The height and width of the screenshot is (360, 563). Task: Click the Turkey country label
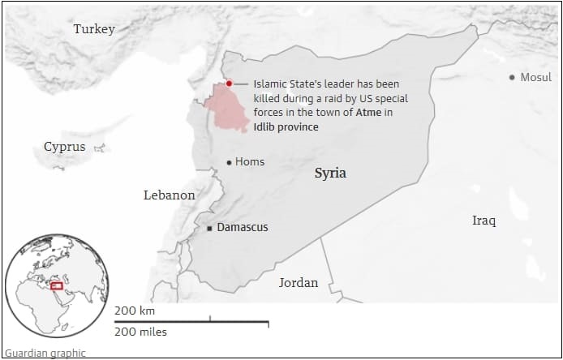(x=94, y=29)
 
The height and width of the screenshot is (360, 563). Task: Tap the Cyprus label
(x=64, y=147)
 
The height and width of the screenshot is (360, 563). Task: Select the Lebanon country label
(x=169, y=195)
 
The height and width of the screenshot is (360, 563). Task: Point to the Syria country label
(x=330, y=174)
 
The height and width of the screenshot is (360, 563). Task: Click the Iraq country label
(x=484, y=221)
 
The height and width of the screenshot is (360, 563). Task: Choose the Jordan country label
(x=299, y=283)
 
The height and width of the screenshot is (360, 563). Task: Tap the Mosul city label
(x=536, y=78)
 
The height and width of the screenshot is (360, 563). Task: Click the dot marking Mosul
(x=512, y=78)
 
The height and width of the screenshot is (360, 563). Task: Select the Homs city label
(x=250, y=162)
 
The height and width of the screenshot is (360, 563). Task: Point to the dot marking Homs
(x=229, y=162)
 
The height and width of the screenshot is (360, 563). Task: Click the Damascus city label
(x=242, y=228)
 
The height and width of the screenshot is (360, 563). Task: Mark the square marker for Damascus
(x=209, y=229)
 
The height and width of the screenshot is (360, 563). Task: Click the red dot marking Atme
(x=230, y=84)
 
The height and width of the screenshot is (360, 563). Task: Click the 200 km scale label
(x=135, y=311)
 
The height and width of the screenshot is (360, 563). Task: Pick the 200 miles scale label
(x=140, y=332)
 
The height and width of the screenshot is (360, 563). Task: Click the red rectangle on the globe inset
(x=57, y=285)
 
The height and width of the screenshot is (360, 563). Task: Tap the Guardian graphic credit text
(x=45, y=353)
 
